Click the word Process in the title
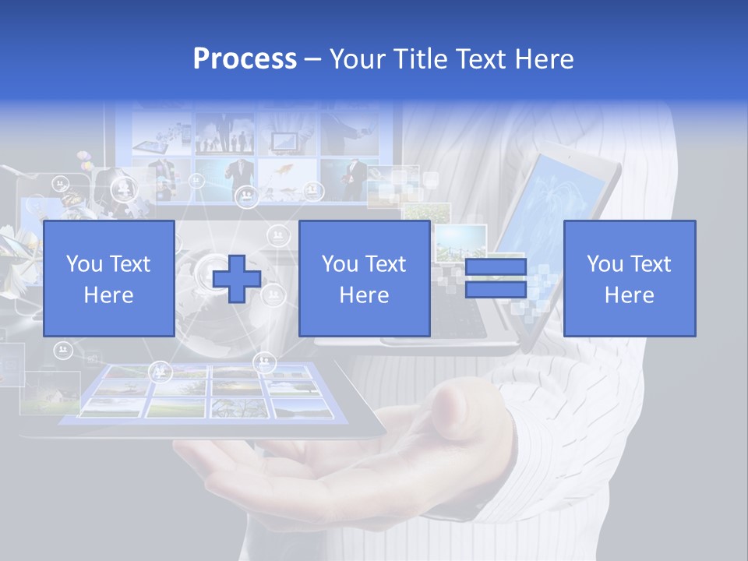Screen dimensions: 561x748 [245, 59]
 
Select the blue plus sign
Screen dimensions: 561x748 [237, 278]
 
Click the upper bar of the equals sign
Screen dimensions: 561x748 [496, 267]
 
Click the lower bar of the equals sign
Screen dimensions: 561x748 [496, 290]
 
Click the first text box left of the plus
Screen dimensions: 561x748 [109, 278]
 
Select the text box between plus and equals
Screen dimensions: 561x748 [364, 278]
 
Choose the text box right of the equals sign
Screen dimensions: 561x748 [629, 278]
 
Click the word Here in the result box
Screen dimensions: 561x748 [629, 295]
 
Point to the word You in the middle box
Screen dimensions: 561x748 [340, 264]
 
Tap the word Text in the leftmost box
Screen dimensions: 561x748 [130, 264]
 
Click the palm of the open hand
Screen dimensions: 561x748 [343, 475]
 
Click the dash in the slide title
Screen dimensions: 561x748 [313, 59]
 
